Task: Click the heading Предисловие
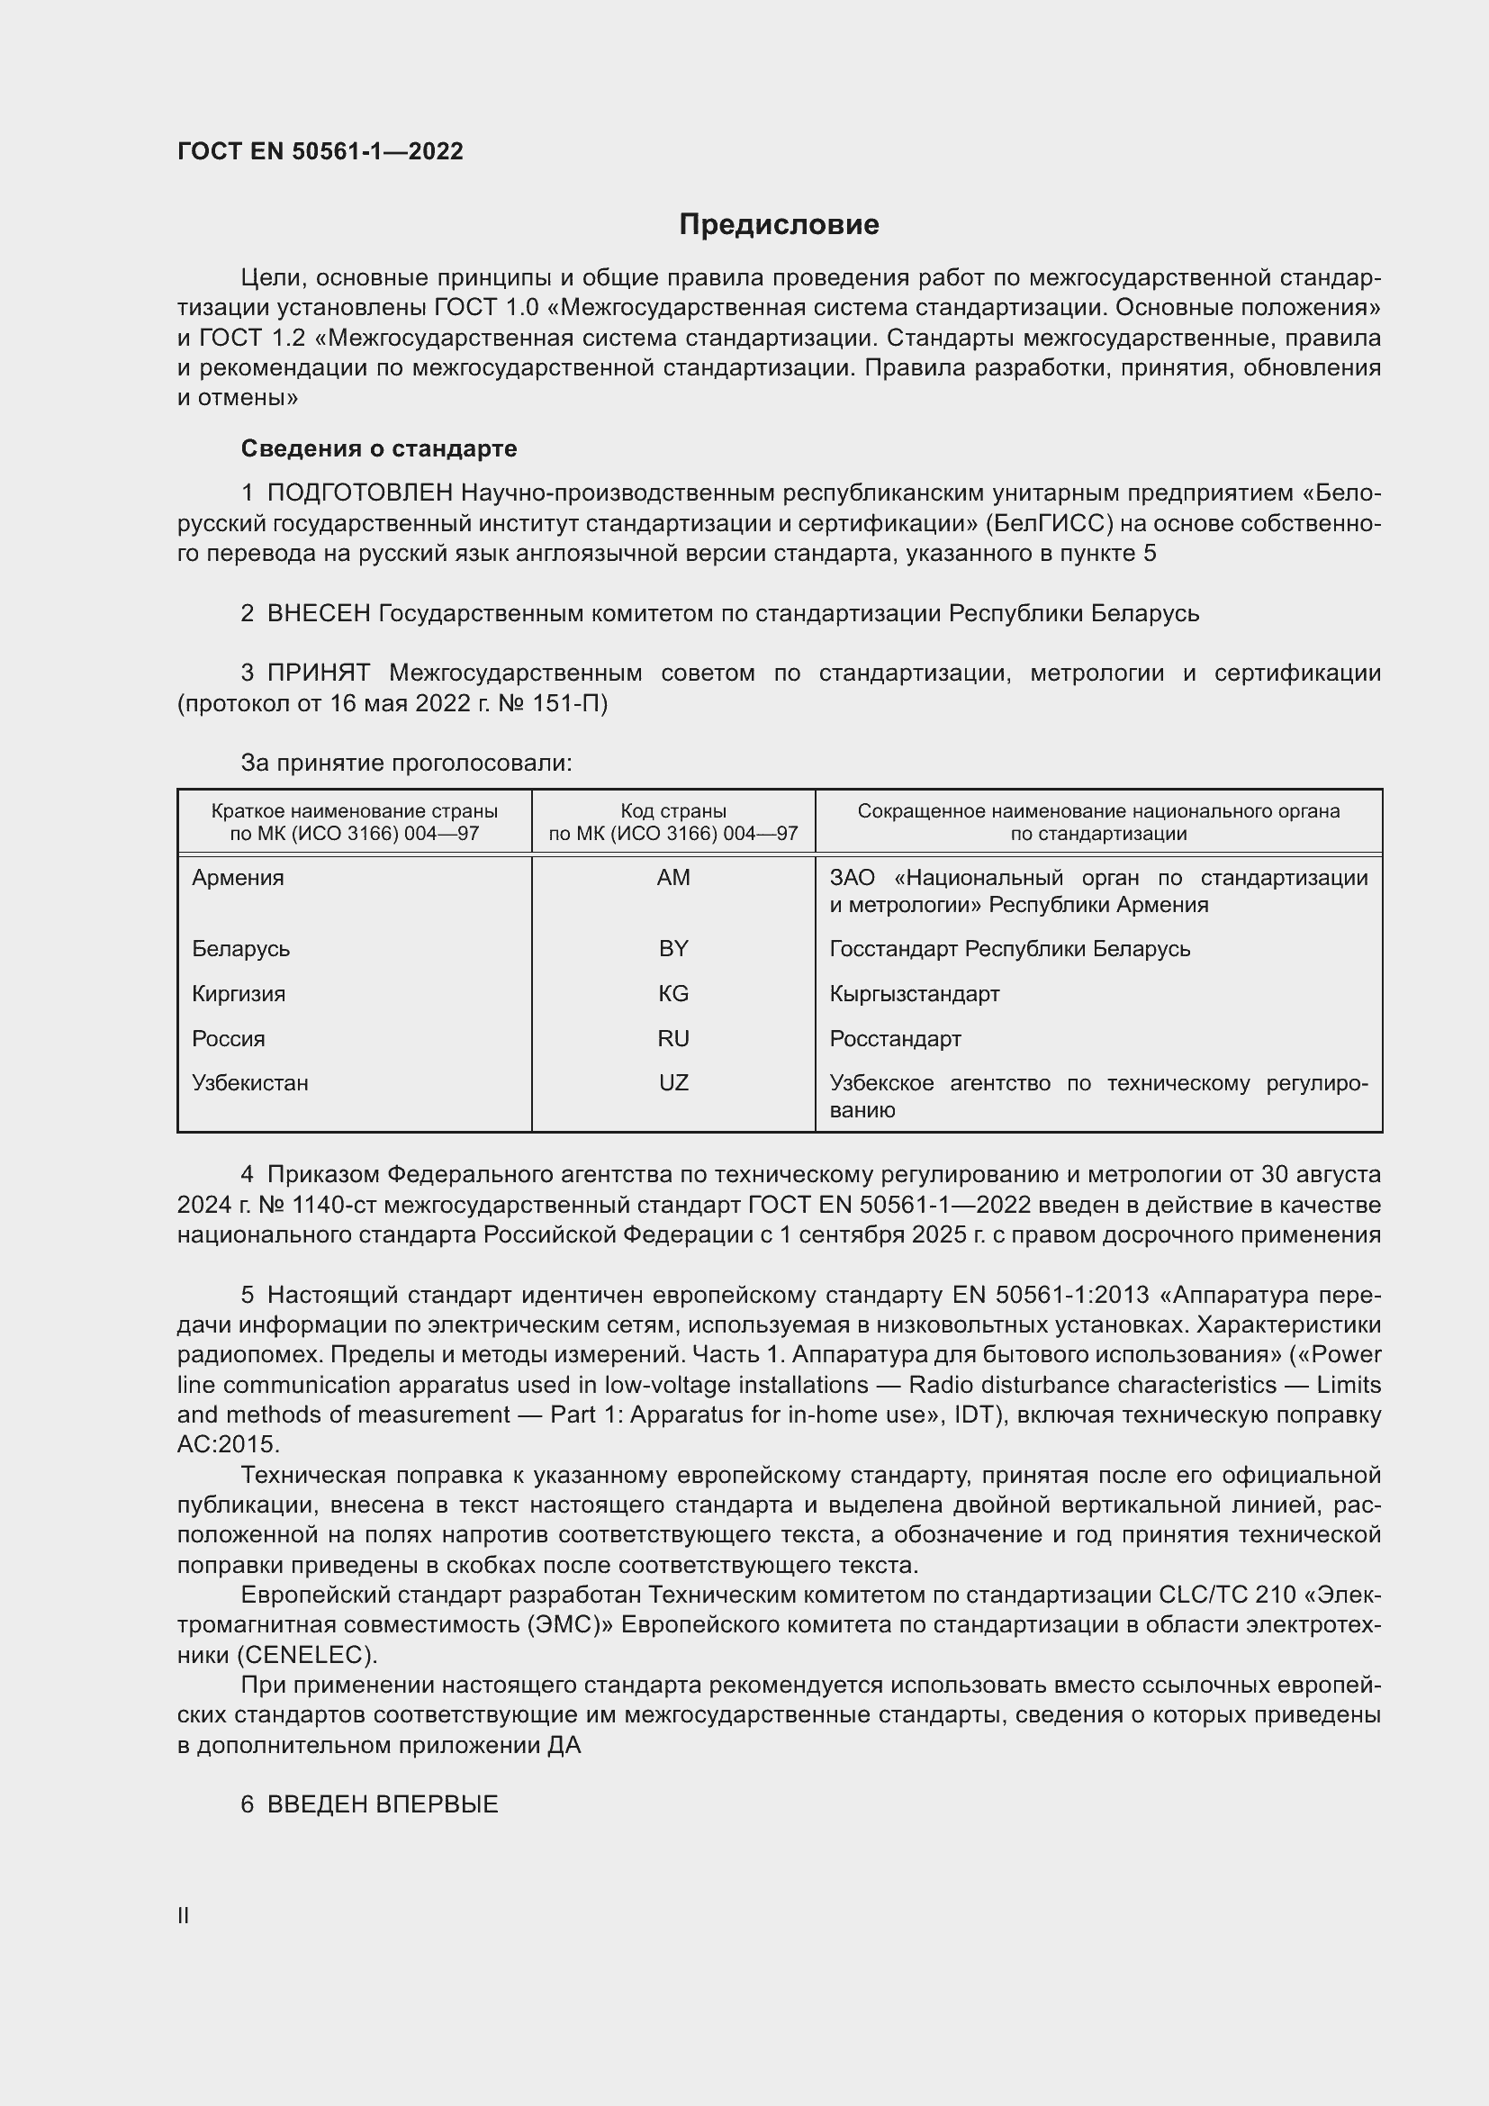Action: click(779, 225)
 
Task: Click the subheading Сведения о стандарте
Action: click(379, 448)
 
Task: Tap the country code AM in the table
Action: click(673, 878)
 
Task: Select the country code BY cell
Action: click(673, 948)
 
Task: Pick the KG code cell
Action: click(673, 993)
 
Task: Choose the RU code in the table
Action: click(673, 1038)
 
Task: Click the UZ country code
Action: click(673, 1082)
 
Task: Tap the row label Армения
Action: click(238, 878)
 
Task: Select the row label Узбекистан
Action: click(249, 1082)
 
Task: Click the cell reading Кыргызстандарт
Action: click(914, 993)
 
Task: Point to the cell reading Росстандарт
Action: click(895, 1038)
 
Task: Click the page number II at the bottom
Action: click(184, 1915)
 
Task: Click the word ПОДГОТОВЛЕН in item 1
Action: click(359, 493)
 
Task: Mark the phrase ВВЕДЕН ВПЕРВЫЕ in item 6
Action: click(383, 1804)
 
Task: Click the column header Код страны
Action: click(673, 811)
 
